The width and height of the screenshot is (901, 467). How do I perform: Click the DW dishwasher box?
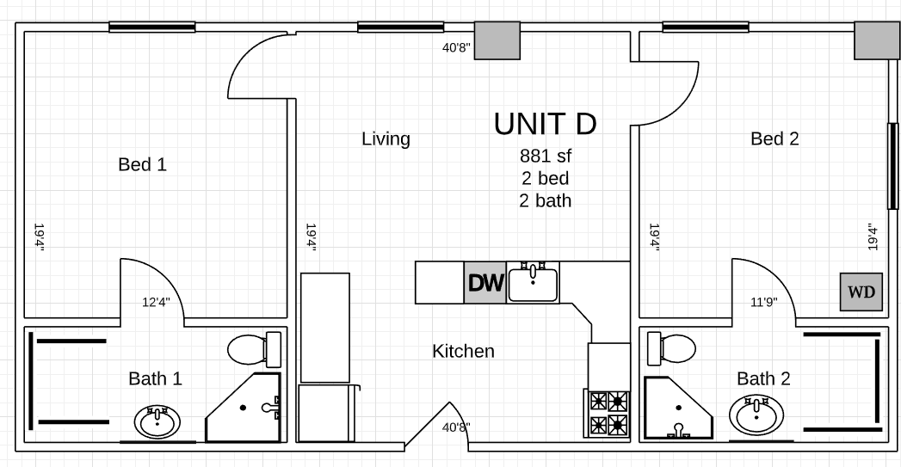tap(485, 283)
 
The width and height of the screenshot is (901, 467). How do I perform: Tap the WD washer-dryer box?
tap(861, 292)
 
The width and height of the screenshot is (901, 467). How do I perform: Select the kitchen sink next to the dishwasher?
tap(534, 282)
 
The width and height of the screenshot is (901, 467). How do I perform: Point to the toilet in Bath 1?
tap(255, 348)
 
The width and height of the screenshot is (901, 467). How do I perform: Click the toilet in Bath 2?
tap(672, 348)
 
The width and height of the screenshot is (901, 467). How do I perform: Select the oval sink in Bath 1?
tap(157, 422)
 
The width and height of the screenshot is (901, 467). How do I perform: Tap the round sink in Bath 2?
tap(756, 415)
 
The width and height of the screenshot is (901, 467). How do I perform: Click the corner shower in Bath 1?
tap(244, 408)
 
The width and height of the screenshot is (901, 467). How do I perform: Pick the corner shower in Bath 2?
tap(678, 409)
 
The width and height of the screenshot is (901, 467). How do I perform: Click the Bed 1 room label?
tap(143, 164)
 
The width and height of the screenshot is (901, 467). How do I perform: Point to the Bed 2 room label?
tap(774, 138)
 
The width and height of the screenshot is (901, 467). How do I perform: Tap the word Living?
tap(386, 139)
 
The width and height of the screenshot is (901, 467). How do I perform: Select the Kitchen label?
tap(463, 351)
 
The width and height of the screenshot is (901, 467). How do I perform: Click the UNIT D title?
tap(546, 124)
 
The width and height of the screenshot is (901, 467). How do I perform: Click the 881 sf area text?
tap(546, 156)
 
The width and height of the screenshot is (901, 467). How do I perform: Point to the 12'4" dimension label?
tap(157, 302)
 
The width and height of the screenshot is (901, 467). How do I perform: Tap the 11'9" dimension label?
tap(763, 302)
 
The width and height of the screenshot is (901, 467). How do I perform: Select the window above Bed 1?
tap(152, 27)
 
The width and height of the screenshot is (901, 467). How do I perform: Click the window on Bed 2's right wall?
tap(892, 166)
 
